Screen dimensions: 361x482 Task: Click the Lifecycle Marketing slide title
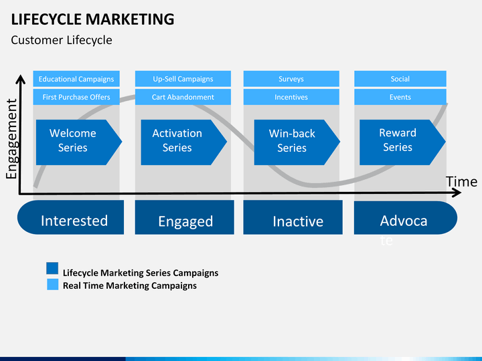click(x=93, y=19)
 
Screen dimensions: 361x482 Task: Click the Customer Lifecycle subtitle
click(x=62, y=40)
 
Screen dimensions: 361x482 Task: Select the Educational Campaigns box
click(x=76, y=79)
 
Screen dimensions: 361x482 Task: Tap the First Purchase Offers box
click(x=76, y=97)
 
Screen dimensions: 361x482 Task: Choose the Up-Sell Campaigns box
click(x=183, y=79)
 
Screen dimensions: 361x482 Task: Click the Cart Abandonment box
click(x=183, y=97)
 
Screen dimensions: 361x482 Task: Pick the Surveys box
click(x=291, y=79)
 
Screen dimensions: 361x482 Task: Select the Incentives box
click(x=291, y=97)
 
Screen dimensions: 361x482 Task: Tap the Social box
click(x=400, y=79)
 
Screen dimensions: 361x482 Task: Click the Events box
click(x=400, y=97)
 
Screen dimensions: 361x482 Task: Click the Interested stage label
click(x=74, y=221)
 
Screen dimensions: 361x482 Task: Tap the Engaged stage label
click(x=185, y=221)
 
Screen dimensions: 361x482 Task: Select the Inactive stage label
click(x=298, y=221)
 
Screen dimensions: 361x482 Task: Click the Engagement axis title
click(x=11, y=138)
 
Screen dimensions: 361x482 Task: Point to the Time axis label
click(x=462, y=182)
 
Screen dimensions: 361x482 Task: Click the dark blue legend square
click(x=52, y=269)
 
